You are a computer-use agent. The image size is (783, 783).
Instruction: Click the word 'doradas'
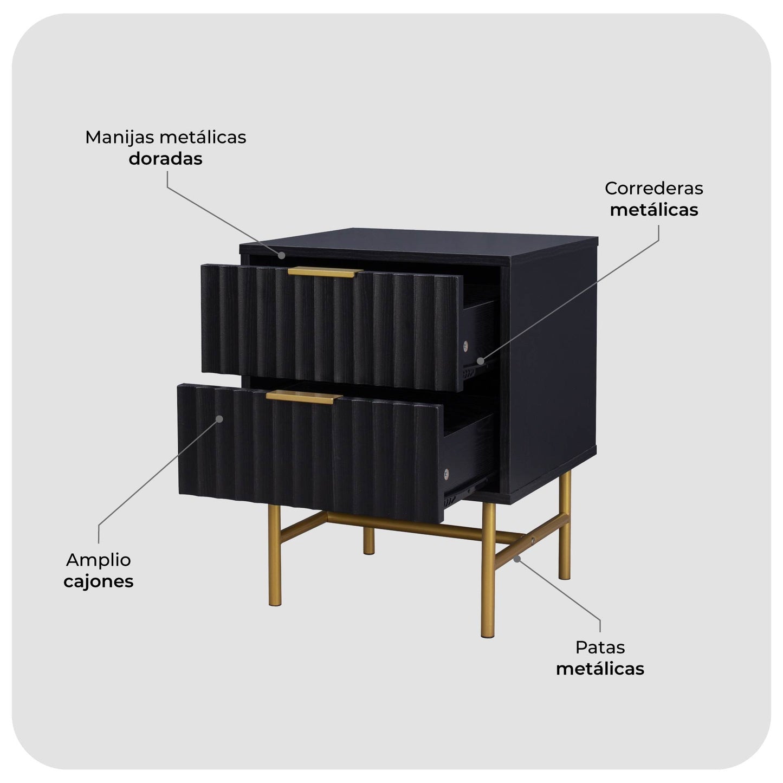point(165,159)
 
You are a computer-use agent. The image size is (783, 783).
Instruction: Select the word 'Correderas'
point(654,188)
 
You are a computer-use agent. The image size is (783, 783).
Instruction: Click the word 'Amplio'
point(98,560)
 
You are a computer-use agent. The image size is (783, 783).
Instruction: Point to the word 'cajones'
point(99,581)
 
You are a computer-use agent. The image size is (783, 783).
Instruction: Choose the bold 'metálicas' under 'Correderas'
point(654,210)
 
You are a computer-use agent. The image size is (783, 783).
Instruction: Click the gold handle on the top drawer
point(325,272)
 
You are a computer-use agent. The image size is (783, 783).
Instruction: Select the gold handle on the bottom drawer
point(303,397)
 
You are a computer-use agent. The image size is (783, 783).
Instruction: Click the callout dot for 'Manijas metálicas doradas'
point(282,255)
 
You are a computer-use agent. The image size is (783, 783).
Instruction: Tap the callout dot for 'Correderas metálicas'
point(480,360)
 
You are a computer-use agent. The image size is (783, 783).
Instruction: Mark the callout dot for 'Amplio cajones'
point(219,418)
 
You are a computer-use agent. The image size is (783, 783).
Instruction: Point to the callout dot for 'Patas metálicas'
point(517,559)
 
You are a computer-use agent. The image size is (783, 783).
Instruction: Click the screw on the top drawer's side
point(465,346)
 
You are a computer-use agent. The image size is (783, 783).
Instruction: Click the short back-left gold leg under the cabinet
point(368,541)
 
